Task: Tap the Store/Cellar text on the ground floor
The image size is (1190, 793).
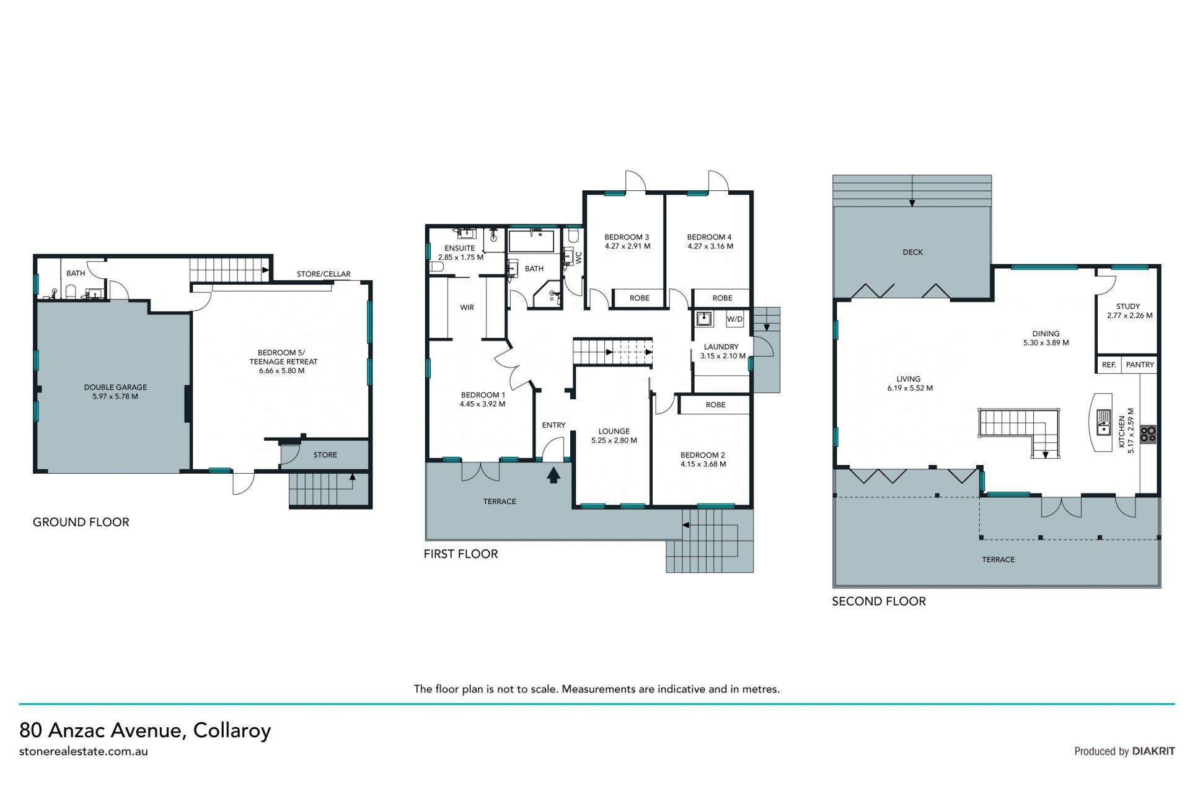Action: point(324,273)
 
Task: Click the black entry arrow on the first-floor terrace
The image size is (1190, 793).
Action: point(553,475)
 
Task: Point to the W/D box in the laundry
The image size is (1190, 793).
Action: point(734,319)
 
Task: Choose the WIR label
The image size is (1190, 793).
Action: point(467,308)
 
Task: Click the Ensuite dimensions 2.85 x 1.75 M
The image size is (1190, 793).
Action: point(461,257)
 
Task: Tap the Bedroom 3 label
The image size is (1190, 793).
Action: point(627,237)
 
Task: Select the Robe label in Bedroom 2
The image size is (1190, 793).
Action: point(715,405)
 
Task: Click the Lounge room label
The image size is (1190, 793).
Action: point(614,431)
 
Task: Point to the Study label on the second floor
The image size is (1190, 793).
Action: point(1128,306)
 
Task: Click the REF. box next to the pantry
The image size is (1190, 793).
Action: point(1109,365)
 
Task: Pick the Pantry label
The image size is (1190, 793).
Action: point(1140,365)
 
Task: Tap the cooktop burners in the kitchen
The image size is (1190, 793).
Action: point(1148,434)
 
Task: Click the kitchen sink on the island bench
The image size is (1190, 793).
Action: point(1104,422)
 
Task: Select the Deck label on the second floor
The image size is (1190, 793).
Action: point(912,252)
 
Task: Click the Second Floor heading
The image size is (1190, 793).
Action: point(879,601)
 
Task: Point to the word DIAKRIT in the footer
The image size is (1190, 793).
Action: point(1153,751)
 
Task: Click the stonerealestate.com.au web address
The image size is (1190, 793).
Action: point(84,751)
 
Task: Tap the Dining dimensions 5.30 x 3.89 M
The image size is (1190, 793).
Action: point(1046,343)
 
